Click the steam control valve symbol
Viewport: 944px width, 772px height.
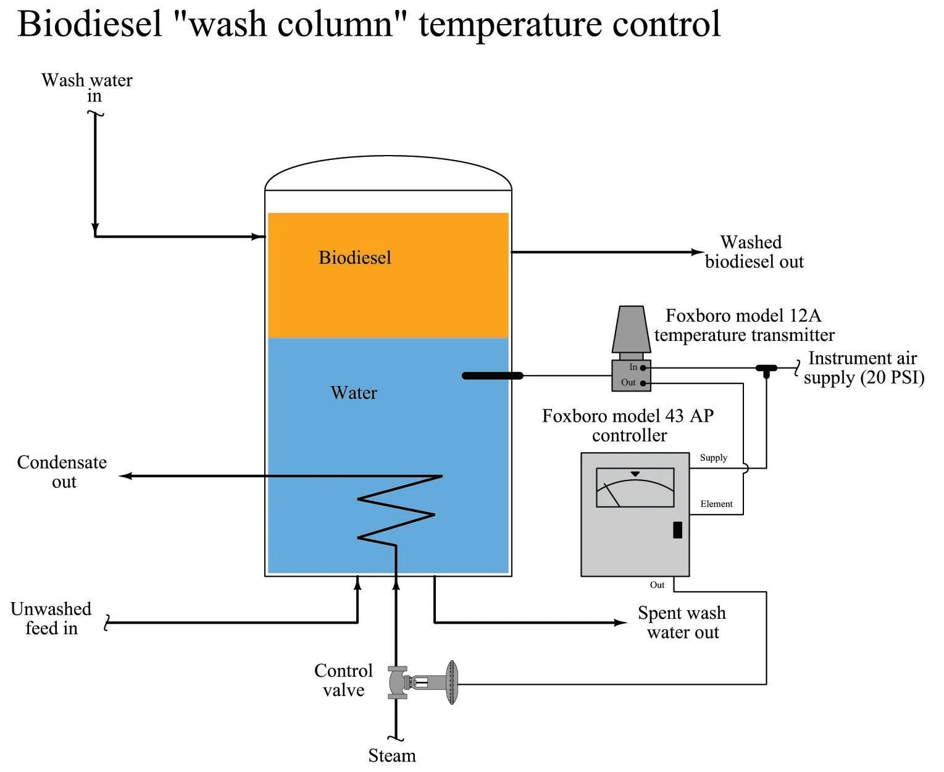[422, 682]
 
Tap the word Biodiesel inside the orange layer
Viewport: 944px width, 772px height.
[354, 258]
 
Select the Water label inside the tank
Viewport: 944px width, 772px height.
[353, 393]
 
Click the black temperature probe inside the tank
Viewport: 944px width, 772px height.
[492, 376]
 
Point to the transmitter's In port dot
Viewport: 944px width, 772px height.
[643, 367]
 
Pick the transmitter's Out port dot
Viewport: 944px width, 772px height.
[643, 384]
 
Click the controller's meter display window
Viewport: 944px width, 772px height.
[635, 487]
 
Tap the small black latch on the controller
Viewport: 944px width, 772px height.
[677, 530]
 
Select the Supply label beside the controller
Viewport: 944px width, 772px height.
[713, 458]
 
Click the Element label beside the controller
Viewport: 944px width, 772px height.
[716, 504]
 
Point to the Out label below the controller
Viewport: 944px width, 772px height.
[657, 585]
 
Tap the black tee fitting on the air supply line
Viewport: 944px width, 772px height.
[766, 369]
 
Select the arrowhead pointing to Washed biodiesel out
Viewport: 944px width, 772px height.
[697, 252]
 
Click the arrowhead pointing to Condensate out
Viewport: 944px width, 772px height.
[125, 476]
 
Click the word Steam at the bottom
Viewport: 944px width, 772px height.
[391, 755]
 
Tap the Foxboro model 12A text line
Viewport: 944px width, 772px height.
[743, 316]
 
